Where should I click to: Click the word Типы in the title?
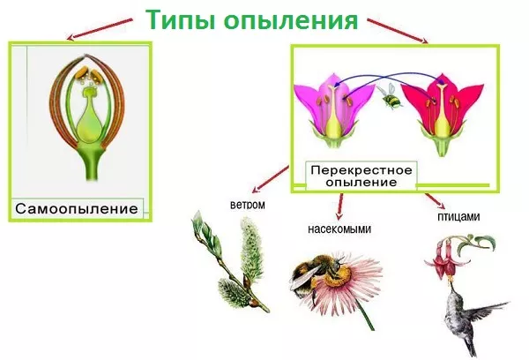coord(181,20)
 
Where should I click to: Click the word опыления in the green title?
coord(291,20)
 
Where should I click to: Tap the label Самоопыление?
coord(77,208)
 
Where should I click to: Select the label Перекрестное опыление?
coord(361,176)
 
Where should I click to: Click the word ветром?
coord(247,205)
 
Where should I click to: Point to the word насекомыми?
coord(339,229)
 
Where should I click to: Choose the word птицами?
coord(458,216)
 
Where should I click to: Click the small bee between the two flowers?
coord(391,96)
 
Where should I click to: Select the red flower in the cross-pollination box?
coord(442,115)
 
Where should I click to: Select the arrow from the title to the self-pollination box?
coord(100,29)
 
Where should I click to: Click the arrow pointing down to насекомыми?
coord(340,206)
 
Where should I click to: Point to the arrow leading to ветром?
coord(271,179)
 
